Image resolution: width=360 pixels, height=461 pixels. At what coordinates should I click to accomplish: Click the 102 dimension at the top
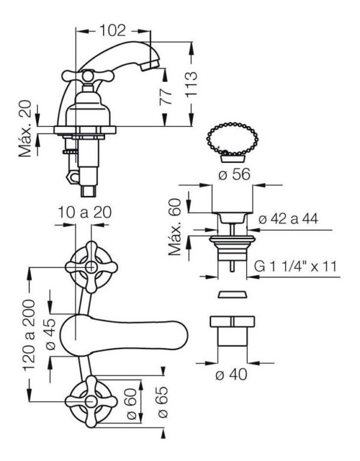112,31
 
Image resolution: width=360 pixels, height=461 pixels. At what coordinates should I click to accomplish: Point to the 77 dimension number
166,95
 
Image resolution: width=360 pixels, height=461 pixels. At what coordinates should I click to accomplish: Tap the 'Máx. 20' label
25,128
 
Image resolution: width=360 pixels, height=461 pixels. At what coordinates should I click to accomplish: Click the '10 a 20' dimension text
85,212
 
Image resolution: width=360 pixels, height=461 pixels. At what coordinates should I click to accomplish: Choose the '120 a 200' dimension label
29,335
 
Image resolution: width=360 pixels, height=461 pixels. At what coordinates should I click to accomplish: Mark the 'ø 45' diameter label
50,334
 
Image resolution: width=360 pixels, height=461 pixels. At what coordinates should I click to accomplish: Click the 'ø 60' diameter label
131,403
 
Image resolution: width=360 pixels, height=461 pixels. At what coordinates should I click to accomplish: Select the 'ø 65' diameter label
163,402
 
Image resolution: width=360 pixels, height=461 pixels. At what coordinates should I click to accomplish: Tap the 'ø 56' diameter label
235,174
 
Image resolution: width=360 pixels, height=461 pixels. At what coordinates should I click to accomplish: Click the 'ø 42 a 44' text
288,218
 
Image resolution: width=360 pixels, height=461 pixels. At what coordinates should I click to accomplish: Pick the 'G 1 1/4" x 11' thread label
295,266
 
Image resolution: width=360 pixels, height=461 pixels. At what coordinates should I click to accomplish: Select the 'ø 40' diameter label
232,375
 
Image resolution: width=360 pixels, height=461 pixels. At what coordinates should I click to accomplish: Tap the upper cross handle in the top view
91,267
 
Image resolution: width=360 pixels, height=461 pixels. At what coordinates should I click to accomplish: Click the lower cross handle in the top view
91,401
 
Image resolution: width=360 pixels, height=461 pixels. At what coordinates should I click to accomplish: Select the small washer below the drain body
232,294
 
